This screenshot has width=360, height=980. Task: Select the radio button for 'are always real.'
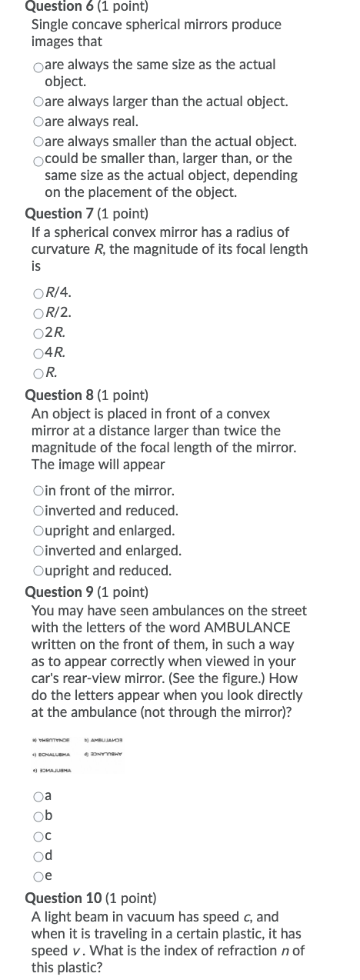click(x=38, y=122)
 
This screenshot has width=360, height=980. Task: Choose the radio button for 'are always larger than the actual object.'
click(x=38, y=102)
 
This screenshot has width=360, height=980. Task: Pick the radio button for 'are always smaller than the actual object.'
click(x=38, y=142)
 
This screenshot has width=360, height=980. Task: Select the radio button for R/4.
click(x=38, y=293)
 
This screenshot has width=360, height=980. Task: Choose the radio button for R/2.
click(x=38, y=313)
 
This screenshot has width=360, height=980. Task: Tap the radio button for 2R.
click(x=38, y=334)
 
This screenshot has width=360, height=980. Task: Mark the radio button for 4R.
click(x=38, y=354)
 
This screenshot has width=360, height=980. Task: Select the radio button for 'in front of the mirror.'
click(x=38, y=491)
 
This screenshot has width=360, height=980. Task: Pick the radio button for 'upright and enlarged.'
click(x=38, y=532)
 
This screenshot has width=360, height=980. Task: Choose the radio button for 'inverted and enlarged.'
click(x=38, y=552)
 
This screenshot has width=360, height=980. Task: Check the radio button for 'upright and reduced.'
click(x=38, y=572)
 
